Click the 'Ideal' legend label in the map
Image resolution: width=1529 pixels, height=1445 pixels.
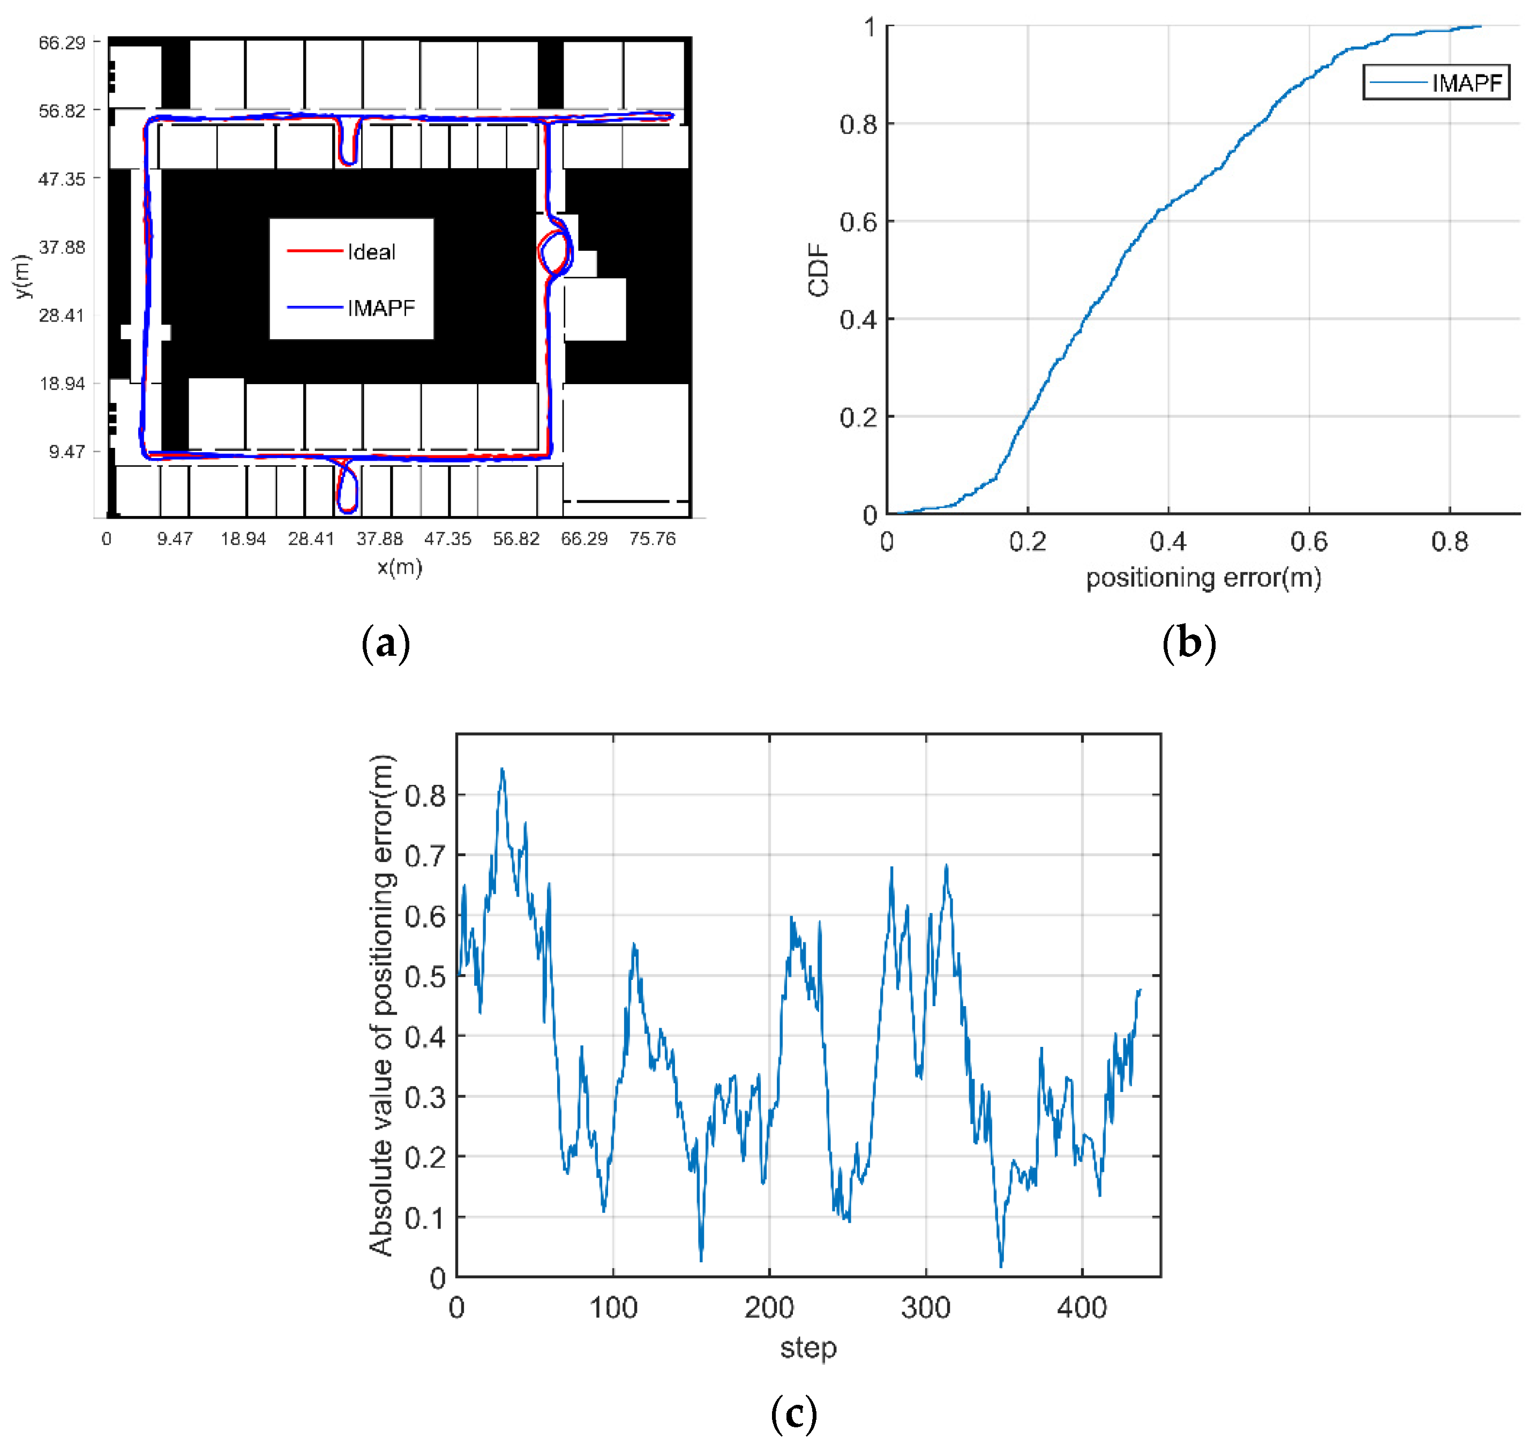click(x=371, y=252)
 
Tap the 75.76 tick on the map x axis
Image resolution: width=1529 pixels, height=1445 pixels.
click(x=651, y=538)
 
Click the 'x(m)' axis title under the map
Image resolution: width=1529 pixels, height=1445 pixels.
click(x=400, y=568)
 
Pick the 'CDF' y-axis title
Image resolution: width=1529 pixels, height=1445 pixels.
click(x=818, y=269)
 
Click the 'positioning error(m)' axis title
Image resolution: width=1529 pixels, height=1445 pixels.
click(x=1203, y=578)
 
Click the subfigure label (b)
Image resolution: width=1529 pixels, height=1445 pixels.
click(x=1188, y=642)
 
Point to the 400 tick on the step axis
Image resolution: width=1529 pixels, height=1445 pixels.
click(x=1082, y=1308)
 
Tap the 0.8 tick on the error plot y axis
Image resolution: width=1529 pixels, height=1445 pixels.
click(x=425, y=796)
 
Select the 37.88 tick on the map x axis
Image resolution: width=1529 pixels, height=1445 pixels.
click(x=379, y=538)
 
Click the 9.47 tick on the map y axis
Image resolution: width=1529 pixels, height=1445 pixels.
click(x=67, y=451)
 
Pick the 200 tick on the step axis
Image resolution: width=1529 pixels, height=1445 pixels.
click(x=769, y=1308)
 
